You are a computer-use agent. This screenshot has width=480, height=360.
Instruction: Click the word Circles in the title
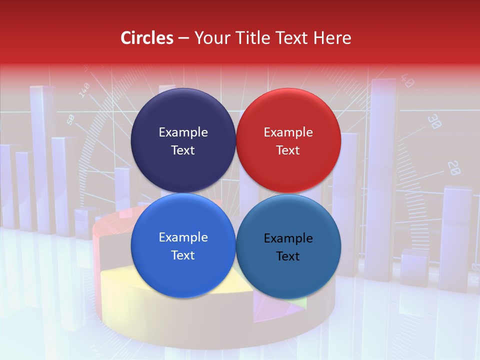(147, 38)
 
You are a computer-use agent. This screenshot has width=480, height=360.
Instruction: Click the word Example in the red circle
(288, 132)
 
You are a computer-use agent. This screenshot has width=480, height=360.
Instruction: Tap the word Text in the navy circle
(183, 150)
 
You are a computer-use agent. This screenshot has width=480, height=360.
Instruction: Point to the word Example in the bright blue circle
(183, 237)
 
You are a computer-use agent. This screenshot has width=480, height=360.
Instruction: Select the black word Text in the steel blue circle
(288, 256)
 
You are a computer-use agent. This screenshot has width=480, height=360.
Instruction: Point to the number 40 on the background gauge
(407, 81)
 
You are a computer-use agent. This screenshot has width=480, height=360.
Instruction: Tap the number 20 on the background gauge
(453, 168)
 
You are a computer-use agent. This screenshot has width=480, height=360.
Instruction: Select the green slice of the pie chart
(299, 301)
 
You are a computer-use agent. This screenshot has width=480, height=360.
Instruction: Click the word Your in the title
(210, 38)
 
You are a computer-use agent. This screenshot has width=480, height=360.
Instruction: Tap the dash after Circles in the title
(183, 38)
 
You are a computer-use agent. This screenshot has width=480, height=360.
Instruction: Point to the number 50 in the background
(70, 119)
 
